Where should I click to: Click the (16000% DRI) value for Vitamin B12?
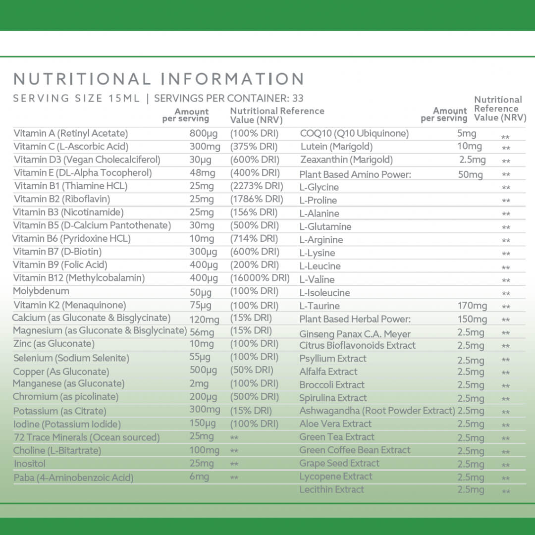click(x=260, y=278)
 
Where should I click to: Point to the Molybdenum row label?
click(x=41, y=291)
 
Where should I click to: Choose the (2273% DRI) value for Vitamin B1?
click(x=257, y=186)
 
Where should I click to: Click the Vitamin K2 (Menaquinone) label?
click(x=70, y=305)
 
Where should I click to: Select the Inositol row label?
click(x=30, y=464)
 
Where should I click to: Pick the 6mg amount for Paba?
click(x=199, y=477)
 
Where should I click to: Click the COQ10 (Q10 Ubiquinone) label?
click(x=354, y=133)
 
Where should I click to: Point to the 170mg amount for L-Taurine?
click(x=472, y=306)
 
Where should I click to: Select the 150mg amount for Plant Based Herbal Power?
click(x=472, y=319)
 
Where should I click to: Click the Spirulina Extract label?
click(x=333, y=398)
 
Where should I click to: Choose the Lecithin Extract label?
click(x=331, y=489)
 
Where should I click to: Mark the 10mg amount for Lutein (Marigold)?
click(x=469, y=146)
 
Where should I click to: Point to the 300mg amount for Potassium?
click(x=205, y=410)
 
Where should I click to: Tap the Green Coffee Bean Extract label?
click(x=355, y=450)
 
